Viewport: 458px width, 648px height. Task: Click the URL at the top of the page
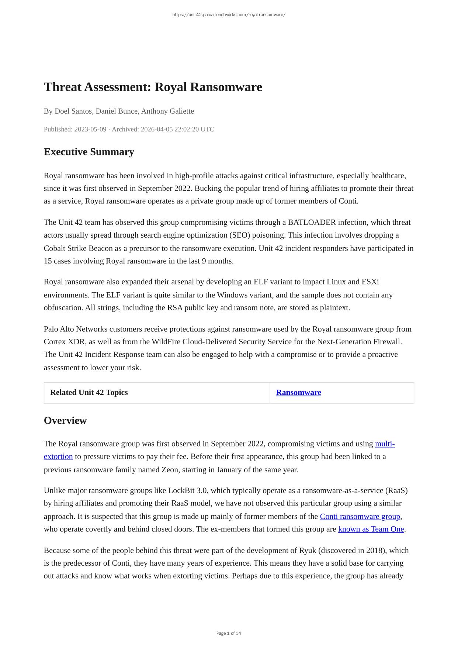pos(229,15)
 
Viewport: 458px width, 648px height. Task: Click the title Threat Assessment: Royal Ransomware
pos(153,87)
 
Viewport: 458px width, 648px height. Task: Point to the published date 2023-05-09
pos(90,129)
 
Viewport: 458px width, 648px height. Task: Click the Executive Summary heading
pos(89,152)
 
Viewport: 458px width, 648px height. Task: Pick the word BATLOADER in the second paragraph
pos(312,222)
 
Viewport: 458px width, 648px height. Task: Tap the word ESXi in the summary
pos(370,282)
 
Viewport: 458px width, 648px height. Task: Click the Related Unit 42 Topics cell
pos(89,392)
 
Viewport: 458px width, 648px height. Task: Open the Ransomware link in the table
pos(298,392)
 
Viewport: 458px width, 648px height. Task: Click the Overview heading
pos(65,420)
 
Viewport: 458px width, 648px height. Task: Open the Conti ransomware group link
pos(360,516)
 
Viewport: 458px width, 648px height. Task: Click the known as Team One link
pos(371,529)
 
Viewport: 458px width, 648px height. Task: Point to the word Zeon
pos(170,470)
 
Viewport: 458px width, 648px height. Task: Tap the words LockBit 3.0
pos(187,490)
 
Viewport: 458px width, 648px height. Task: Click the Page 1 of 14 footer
pos(229,633)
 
